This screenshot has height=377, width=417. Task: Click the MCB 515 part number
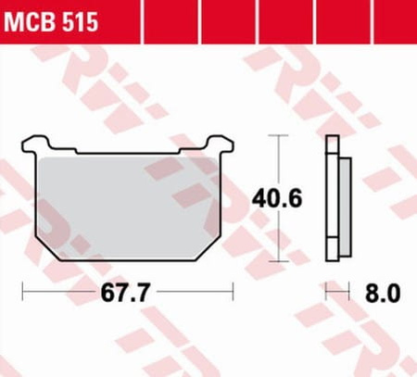click(x=51, y=21)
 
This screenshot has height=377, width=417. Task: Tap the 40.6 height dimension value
click(x=277, y=198)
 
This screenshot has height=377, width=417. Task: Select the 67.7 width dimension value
click(x=125, y=293)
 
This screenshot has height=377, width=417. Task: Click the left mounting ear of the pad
click(x=35, y=144)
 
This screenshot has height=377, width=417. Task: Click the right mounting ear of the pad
click(x=220, y=144)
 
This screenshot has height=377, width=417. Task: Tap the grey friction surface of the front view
click(x=128, y=207)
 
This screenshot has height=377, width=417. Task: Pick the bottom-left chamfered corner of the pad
click(x=46, y=249)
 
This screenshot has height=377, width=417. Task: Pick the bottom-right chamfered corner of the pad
click(x=208, y=249)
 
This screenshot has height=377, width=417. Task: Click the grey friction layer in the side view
click(x=345, y=207)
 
